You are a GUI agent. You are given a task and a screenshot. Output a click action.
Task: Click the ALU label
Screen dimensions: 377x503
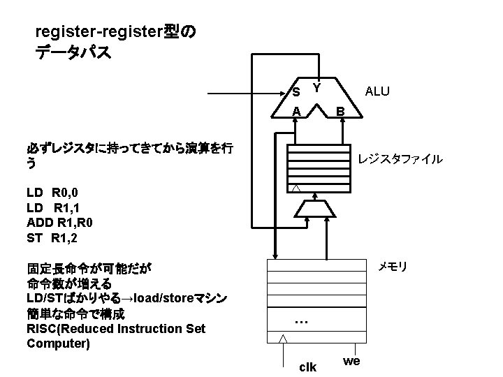[377, 91]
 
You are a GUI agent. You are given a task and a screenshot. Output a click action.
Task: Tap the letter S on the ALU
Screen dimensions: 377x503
[296, 92]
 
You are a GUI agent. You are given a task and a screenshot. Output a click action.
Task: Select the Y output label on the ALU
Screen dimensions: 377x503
[316, 88]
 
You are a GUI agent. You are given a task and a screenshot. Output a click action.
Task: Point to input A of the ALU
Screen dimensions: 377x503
[297, 111]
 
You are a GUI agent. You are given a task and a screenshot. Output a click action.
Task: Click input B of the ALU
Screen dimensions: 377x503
[340, 111]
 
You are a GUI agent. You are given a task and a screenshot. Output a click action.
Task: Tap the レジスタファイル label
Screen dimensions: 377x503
[400, 159]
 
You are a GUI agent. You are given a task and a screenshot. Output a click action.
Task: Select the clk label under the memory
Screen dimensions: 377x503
[307, 367]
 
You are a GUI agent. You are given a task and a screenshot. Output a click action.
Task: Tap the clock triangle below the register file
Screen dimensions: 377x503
[296, 189]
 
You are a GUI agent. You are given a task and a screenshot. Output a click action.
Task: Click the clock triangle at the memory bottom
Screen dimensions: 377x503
[282, 339]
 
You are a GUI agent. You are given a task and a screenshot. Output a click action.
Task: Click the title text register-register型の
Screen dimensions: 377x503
[115, 31]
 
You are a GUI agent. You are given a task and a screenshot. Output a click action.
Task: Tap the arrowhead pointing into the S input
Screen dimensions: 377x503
[285, 92]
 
